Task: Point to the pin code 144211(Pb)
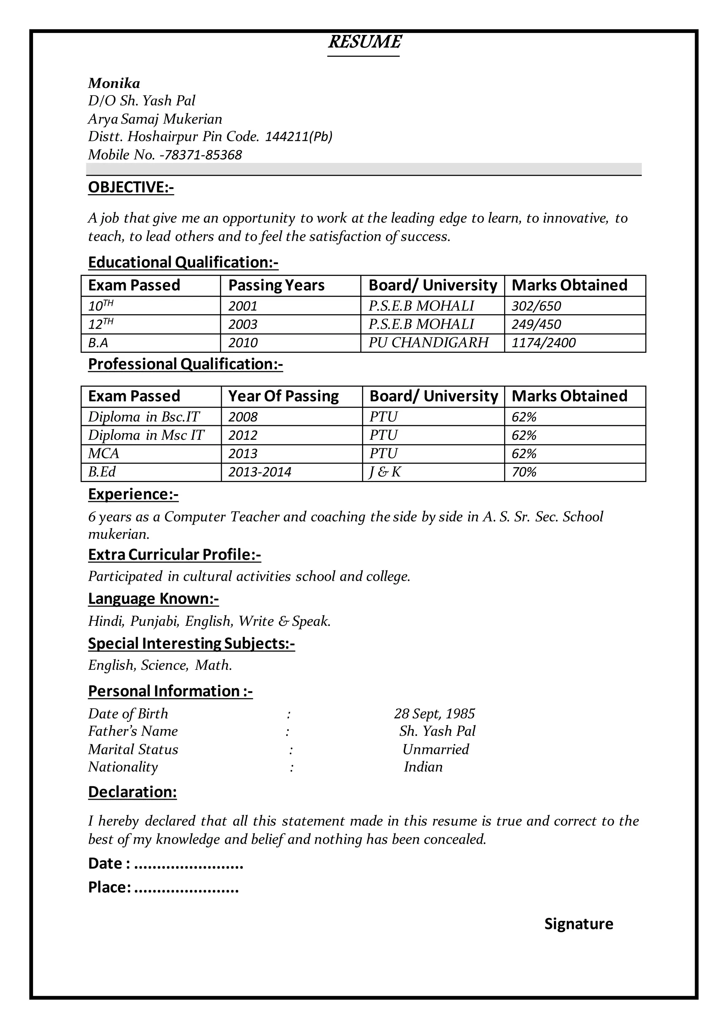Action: [x=299, y=137]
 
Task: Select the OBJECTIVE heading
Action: [x=131, y=187]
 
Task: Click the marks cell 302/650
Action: [x=536, y=306]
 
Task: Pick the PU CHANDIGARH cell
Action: [x=428, y=343]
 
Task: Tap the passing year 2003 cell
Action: [x=243, y=324]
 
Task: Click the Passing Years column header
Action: [x=276, y=285]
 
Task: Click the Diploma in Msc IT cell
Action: [x=146, y=435]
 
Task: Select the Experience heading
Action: [x=133, y=494]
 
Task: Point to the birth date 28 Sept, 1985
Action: [x=434, y=714]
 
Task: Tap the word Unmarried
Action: [x=435, y=749]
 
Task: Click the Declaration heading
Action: [x=132, y=792]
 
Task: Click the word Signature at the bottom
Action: [x=578, y=924]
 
